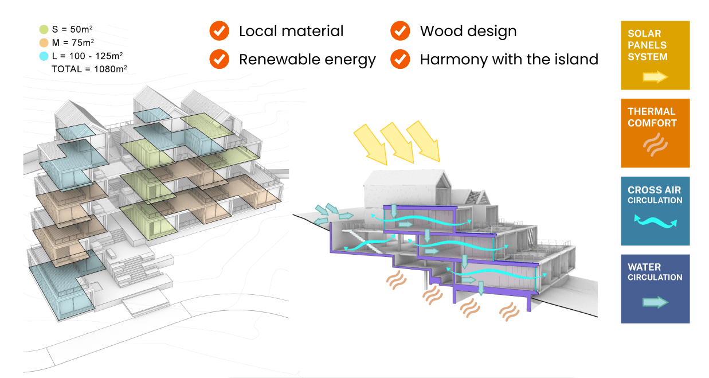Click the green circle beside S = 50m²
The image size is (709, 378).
44,29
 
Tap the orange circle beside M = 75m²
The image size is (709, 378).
44,43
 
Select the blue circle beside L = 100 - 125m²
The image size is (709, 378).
44,56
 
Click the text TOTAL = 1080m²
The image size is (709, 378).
89,69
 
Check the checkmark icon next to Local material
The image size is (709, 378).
219,31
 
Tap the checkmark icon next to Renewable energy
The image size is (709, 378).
219,59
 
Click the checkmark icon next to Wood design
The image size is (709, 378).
400,31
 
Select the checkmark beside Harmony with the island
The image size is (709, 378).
400,59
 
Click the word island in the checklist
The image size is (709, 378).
575,59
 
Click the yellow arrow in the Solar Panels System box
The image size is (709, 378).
655,77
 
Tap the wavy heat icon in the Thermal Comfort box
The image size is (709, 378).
655,145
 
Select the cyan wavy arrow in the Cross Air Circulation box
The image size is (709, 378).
655,221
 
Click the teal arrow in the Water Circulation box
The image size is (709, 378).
655,302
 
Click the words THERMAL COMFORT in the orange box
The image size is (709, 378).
652,117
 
